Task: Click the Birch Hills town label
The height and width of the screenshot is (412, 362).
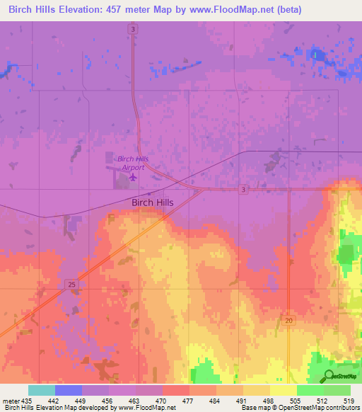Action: (153, 202)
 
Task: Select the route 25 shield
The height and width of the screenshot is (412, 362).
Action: (72, 284)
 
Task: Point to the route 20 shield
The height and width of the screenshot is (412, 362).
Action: (289, 321)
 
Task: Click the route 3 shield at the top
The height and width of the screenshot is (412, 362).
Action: (133, 28)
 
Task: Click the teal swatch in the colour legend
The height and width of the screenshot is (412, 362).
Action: (42, 390)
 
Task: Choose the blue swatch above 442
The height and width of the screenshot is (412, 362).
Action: (69, 390)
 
